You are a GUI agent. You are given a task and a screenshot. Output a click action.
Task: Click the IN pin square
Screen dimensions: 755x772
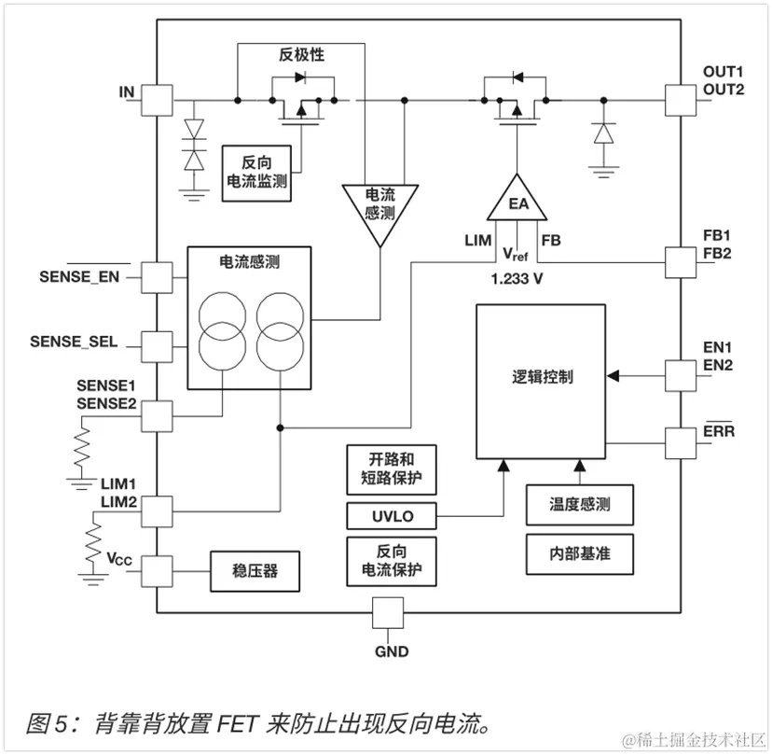tap(158, 100)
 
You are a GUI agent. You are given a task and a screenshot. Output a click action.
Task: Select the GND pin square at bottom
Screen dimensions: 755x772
tap(388, 614)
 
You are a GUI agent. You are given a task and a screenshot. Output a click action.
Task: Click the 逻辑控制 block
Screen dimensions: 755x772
tap(541, 379)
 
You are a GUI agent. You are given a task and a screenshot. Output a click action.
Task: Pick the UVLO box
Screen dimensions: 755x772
tap(391, 515)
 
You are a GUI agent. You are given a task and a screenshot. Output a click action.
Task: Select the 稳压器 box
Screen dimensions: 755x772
tap(255, 568)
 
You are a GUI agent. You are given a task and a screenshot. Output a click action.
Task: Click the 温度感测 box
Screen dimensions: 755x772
tap(579, 504)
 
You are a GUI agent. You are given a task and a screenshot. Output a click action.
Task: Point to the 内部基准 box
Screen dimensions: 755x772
tap(579, 553)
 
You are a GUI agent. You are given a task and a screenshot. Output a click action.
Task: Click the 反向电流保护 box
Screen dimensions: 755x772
tap(391, 560)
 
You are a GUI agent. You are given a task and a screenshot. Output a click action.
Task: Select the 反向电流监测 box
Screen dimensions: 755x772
tap(256, 173)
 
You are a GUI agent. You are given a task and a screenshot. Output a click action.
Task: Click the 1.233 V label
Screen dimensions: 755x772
tap(516, 279)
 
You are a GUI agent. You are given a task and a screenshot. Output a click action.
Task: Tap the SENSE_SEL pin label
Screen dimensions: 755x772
tap(74, 342)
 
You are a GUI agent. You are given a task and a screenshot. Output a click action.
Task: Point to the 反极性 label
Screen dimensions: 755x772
tap(301, 54)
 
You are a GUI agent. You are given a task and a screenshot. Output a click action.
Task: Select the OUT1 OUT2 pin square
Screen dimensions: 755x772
tap(681, 100)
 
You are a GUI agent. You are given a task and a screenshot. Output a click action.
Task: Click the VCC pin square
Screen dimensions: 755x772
tap(158, 568)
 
